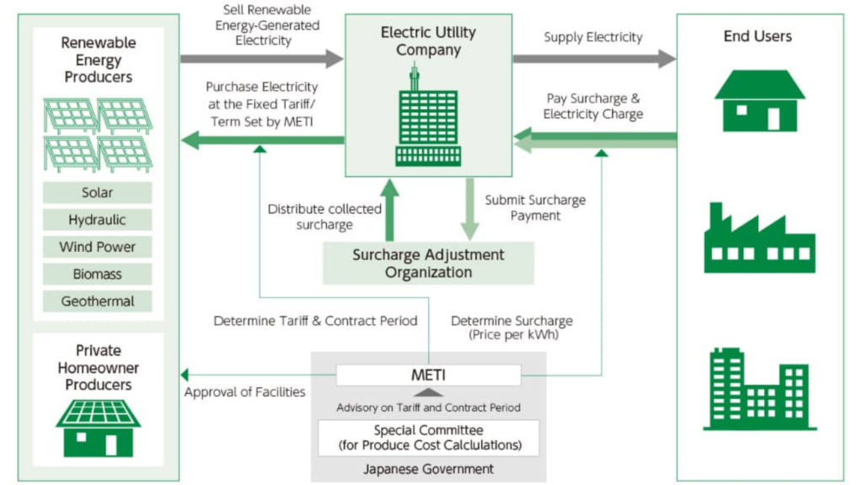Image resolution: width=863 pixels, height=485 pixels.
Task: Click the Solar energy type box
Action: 98,193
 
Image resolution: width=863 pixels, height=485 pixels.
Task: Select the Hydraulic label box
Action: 98,220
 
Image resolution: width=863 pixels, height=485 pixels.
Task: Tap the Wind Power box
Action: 98,247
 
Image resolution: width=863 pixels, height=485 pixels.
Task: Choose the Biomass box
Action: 98,274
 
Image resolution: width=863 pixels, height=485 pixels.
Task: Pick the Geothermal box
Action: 98,301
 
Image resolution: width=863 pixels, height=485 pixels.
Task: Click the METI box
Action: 428,375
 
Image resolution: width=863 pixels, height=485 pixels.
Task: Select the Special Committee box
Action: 428,438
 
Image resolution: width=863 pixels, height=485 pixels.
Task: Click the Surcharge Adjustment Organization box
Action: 428,263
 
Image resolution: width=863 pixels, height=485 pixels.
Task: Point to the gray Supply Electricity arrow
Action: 594,58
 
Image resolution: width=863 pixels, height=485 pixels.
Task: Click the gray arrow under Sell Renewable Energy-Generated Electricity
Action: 261,59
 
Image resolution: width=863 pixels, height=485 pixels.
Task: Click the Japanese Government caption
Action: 428,469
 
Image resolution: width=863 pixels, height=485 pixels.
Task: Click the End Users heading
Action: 758,36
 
